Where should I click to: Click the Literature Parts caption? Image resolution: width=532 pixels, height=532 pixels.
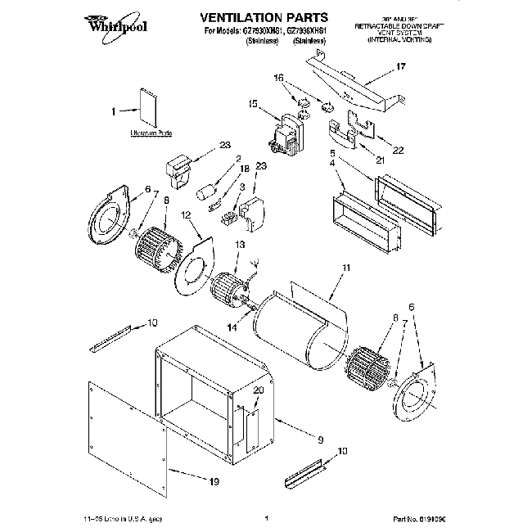151,132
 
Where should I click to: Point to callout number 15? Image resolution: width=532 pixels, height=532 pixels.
253,104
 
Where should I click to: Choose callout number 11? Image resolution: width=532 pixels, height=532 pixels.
346,267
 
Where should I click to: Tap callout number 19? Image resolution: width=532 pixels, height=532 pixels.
214,482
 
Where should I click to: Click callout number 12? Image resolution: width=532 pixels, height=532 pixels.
186,215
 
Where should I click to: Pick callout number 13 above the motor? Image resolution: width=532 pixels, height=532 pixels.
240,245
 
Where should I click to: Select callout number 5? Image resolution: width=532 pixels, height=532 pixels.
333,152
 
